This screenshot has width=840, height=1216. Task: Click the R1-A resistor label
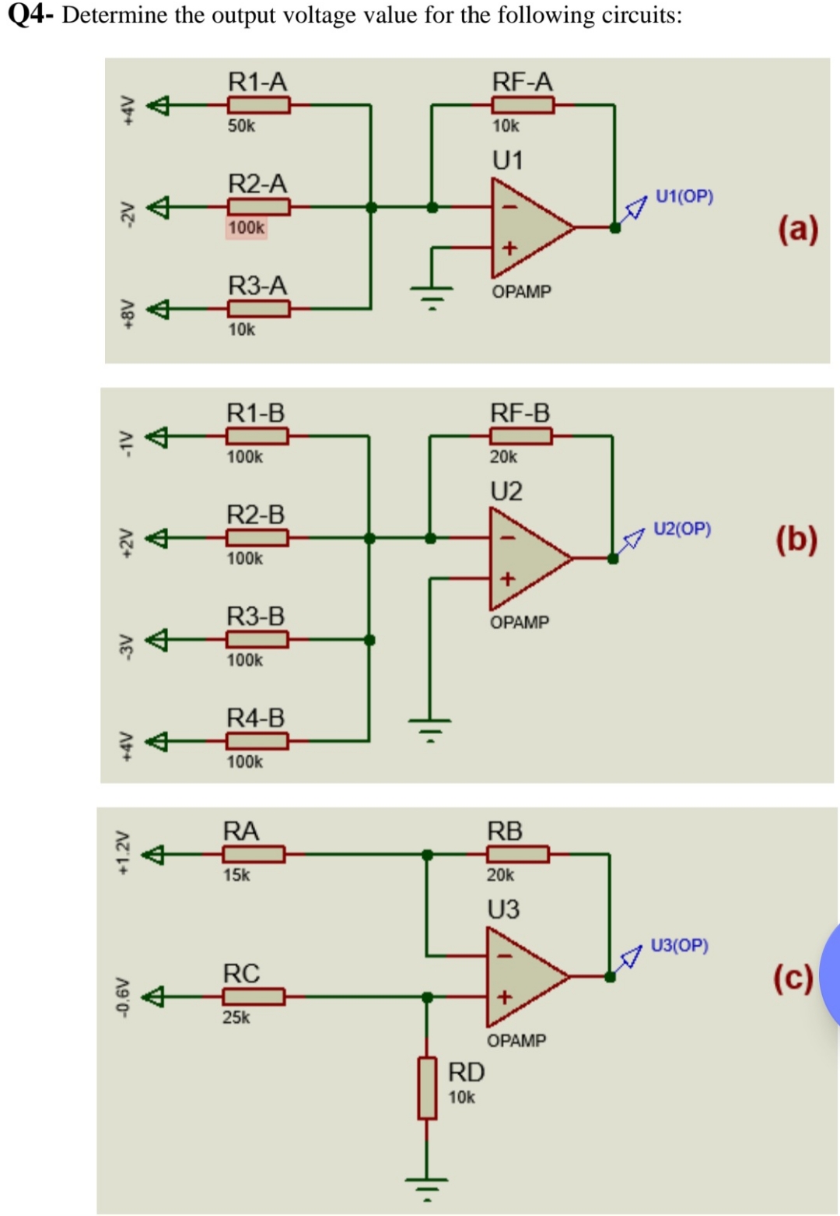tap(257, 82)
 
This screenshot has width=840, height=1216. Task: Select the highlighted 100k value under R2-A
tap(246, 227)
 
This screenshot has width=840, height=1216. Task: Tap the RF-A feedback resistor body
tap(523, 104)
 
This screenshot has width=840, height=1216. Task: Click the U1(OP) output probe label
tap(684, 196)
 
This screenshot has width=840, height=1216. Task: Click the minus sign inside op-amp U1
tap(509, 207)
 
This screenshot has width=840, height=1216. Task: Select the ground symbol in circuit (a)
tap(432, 295)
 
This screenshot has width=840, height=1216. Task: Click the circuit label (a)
tap(798, 229)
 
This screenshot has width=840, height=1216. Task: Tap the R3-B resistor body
tap(257, 640)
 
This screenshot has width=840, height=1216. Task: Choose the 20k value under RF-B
tap(503, 457)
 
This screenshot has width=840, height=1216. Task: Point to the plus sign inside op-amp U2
tap(507, 578)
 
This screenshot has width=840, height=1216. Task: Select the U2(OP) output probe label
tap(682, 529)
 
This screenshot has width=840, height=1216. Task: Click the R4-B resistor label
tap(255, 718)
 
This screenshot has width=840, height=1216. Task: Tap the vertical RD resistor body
tap(427, 1088)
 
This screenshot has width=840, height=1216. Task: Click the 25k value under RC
tap(236, 1017)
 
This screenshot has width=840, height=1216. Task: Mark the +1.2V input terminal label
tap(122, 854)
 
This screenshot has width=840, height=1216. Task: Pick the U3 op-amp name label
tap(503, 909)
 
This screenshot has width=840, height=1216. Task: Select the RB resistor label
tap(504, 831)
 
